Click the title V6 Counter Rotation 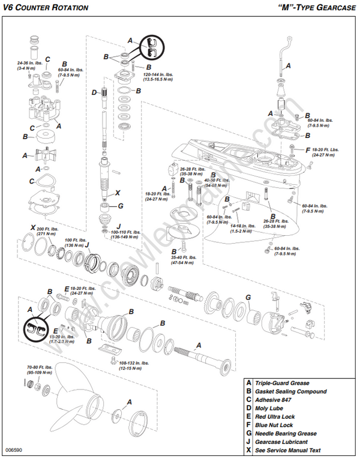click(46, 8)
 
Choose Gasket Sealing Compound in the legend click(291, 391)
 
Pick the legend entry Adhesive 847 click(275, 400)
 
